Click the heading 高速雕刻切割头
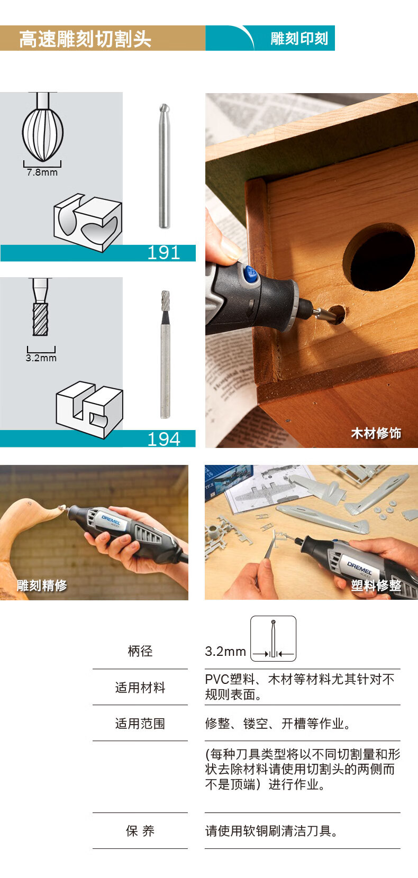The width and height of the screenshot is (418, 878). coord(85,39)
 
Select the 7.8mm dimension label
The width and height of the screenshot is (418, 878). coord(42,172)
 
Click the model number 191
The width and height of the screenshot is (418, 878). coord(163,253)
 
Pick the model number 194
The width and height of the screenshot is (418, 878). coord(163,439)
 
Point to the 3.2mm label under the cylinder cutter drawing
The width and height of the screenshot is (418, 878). coord(41,358)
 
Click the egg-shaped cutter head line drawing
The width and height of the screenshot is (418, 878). coord(43,130)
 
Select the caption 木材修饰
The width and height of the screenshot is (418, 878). coord(376,433)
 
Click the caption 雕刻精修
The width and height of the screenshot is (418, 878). coord(42,585)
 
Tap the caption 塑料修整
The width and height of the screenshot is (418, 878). coord(376,585)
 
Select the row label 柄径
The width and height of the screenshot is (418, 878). coord(140,651)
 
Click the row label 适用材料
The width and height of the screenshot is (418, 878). coord(140,688)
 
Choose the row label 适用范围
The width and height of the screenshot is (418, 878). coord(140,724)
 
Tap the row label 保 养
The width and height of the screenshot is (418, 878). coord(140,830)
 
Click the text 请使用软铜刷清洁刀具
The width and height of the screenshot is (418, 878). coord(271,830)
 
